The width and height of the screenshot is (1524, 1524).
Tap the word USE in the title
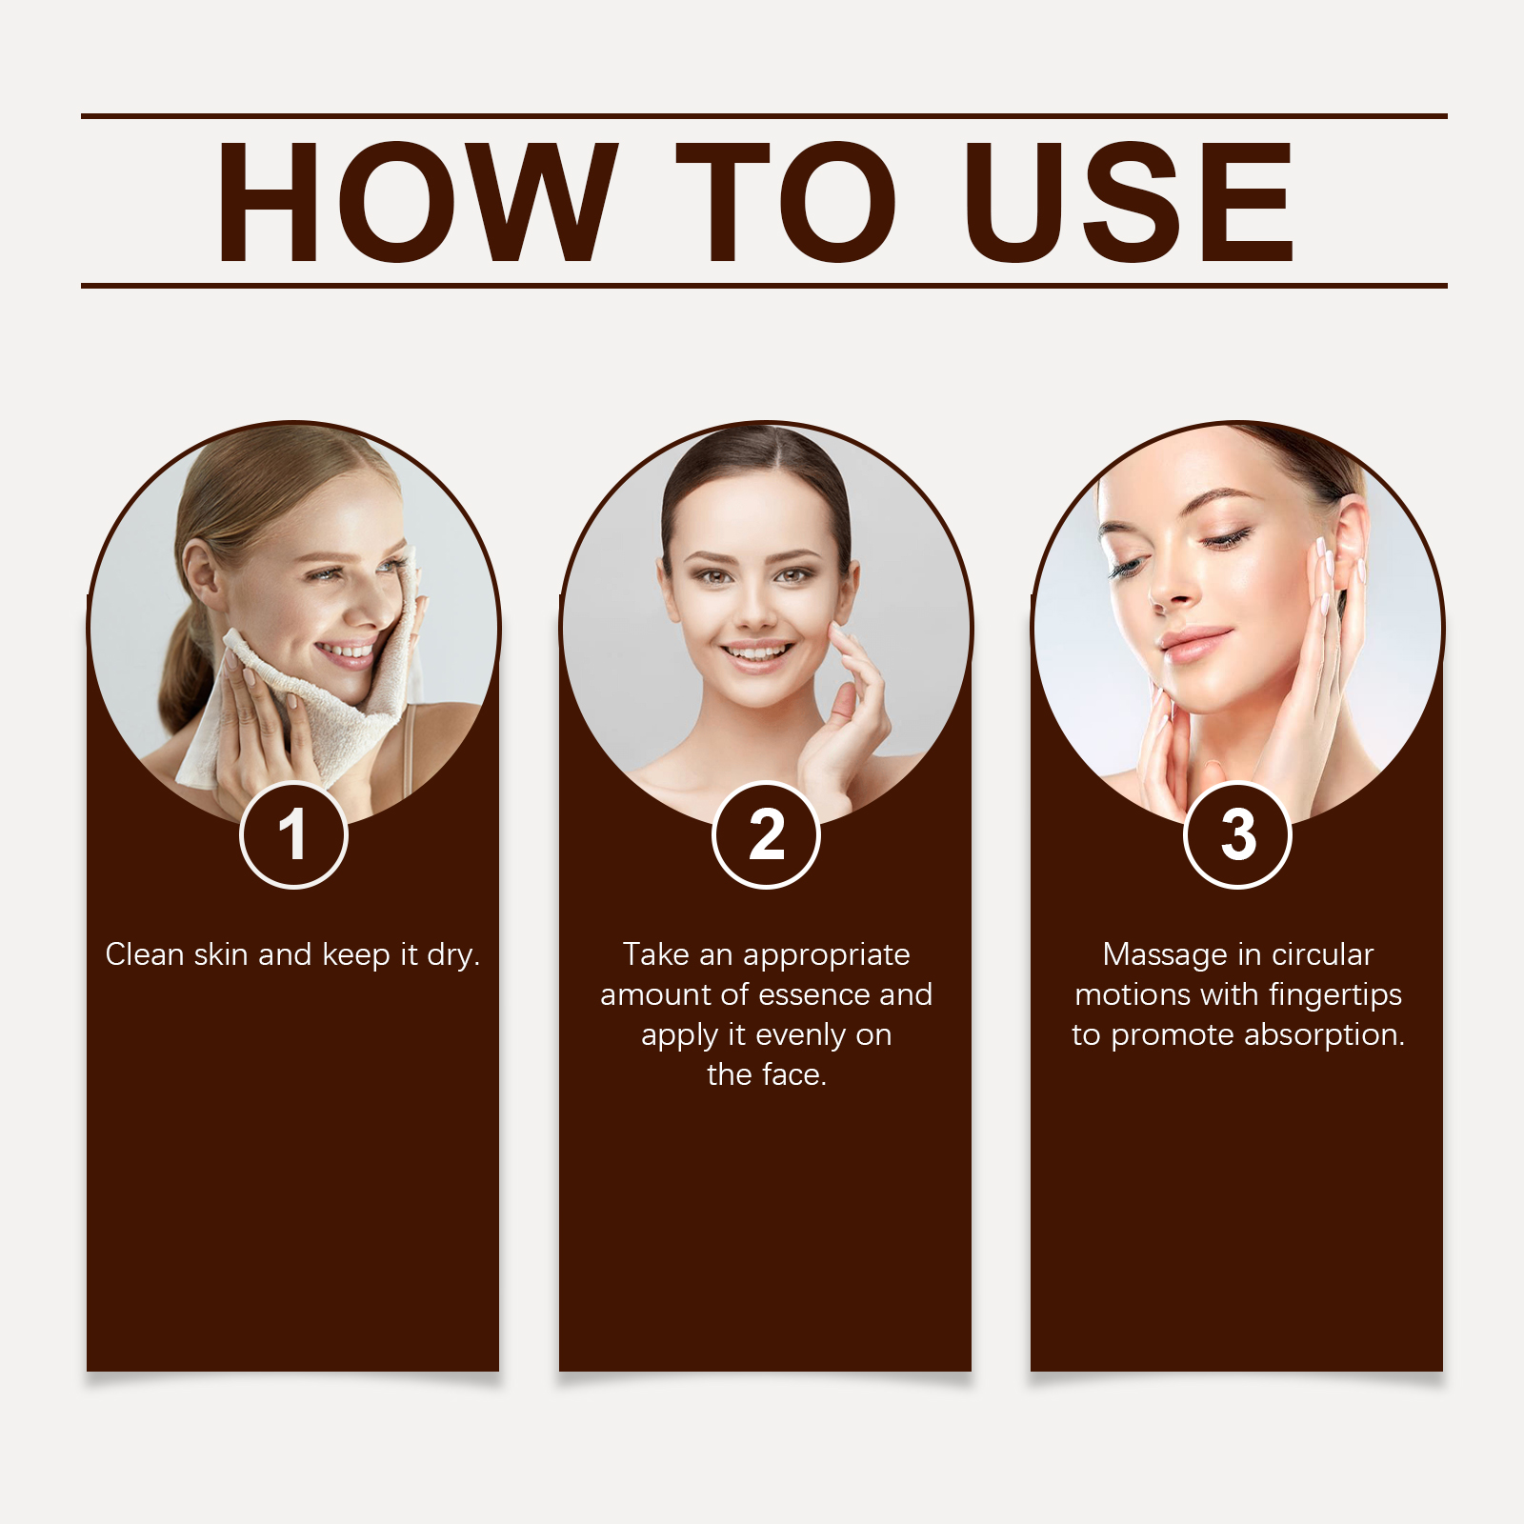tap(1128, 201)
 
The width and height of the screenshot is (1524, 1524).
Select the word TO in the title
tap(786, 201)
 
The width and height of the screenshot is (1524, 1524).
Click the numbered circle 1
tap(293, 835)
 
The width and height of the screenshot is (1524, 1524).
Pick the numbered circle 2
tap(766, 835)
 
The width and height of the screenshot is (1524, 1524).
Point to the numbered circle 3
tap(1237, 835)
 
